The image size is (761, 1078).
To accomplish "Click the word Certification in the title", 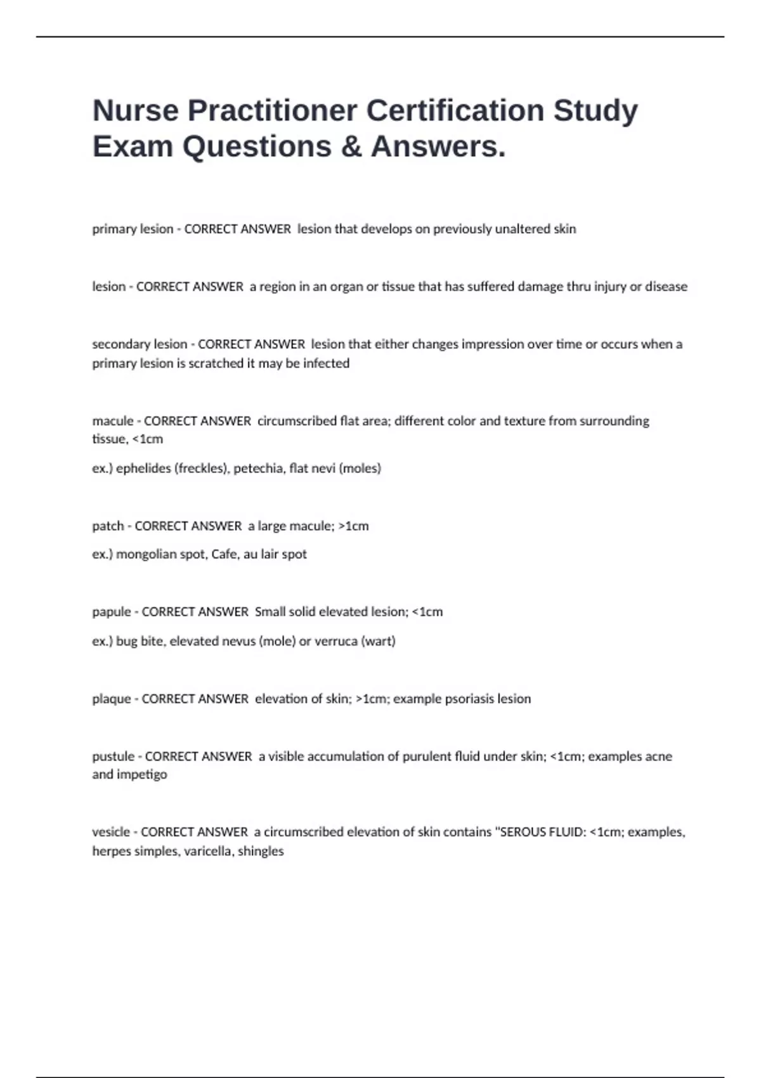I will click(x=455, y=110).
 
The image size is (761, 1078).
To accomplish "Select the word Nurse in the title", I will click(x=135, y=110).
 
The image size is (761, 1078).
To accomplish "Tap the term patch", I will click(x=108, y=526).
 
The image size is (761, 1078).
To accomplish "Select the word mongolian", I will click(x=147, y=554).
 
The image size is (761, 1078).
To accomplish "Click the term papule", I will click(x=111, y=612).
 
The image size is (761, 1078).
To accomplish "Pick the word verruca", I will click(x=336, y=641).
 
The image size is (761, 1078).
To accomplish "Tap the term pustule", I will click(x=113, y=757).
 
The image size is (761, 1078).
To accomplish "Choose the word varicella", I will click(x=207, y=851).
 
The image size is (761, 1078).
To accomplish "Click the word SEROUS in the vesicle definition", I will click(x=524, y=832).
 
